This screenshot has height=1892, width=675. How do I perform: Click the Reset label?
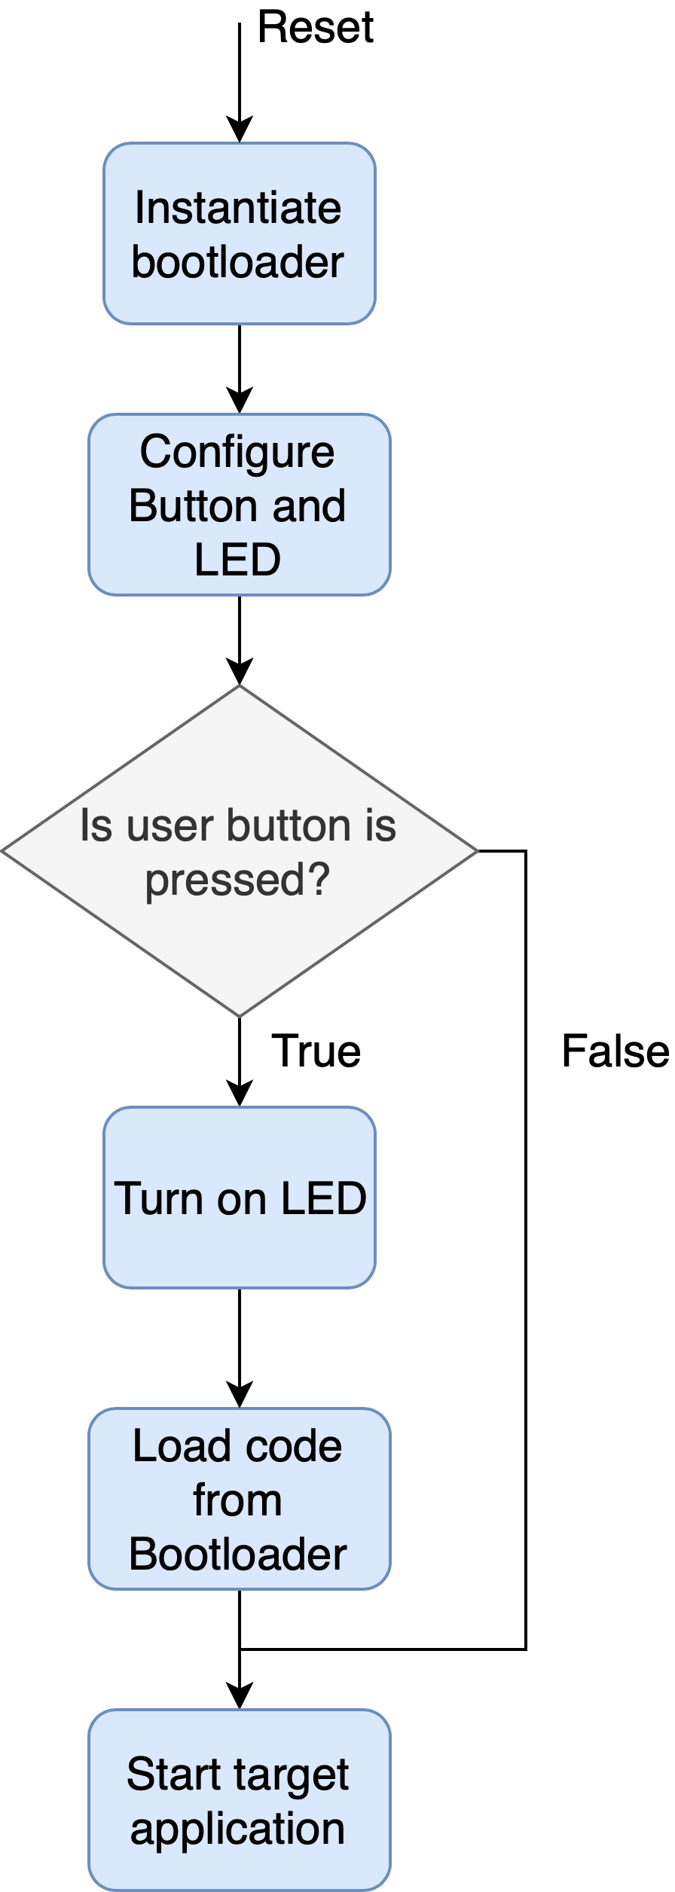[315, 28]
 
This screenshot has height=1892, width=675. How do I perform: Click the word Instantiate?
[238, 208]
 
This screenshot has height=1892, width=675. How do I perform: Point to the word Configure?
[237, 452]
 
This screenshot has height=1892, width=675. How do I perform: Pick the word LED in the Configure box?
[237, 560]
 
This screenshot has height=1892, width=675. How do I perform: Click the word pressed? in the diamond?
[237, 879]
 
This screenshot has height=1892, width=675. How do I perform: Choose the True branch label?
[316, 1051]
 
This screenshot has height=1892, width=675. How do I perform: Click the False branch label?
[615, 1051]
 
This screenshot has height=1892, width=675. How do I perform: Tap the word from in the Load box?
[237, 1500]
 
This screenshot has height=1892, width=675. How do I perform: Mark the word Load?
[181, 1446]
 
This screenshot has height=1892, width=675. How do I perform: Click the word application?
[237, 1829]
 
